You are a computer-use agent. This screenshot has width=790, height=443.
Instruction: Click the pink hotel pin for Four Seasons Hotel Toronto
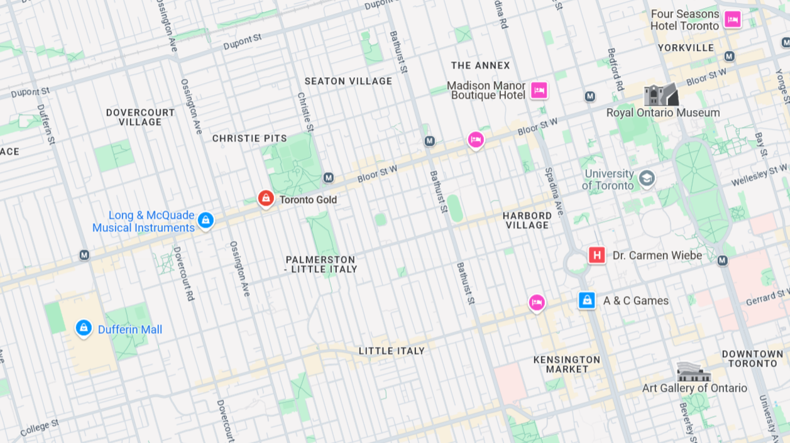732,19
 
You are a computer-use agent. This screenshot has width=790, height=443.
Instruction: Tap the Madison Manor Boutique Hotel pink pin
539,90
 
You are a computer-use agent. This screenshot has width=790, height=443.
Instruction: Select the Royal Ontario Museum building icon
661,95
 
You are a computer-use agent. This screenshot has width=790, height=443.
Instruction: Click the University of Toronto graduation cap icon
646,179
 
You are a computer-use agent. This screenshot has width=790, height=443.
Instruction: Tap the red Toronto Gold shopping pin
266,199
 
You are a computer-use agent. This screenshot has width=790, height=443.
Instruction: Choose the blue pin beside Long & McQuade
206,220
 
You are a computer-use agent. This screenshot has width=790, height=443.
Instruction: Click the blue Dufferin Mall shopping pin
84,327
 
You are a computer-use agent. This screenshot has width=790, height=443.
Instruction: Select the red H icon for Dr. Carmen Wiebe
596,255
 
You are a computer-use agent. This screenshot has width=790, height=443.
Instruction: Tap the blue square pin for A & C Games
586,300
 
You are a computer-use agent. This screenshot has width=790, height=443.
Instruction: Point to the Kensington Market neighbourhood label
567,364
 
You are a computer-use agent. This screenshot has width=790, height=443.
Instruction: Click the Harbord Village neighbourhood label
527,221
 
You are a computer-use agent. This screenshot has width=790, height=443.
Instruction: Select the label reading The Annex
481,65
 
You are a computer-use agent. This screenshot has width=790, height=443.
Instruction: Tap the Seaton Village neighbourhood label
348,81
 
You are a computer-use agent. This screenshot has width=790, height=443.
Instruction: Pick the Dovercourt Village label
140,117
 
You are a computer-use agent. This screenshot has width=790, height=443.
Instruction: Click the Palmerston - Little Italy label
321,265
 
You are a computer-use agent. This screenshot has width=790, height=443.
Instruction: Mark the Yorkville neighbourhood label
686,48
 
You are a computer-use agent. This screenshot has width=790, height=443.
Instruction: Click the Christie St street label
305,112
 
